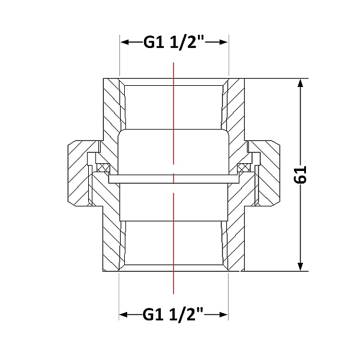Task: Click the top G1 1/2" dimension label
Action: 174,42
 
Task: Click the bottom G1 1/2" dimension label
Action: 173,314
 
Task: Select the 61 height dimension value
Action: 301,175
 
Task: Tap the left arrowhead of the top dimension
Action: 125,42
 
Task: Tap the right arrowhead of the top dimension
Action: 223,42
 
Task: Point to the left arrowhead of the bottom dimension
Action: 123,314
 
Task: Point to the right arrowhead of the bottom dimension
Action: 223,314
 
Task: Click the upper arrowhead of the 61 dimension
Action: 301,83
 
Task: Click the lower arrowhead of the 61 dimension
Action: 301,267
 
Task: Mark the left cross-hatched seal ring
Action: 103,167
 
